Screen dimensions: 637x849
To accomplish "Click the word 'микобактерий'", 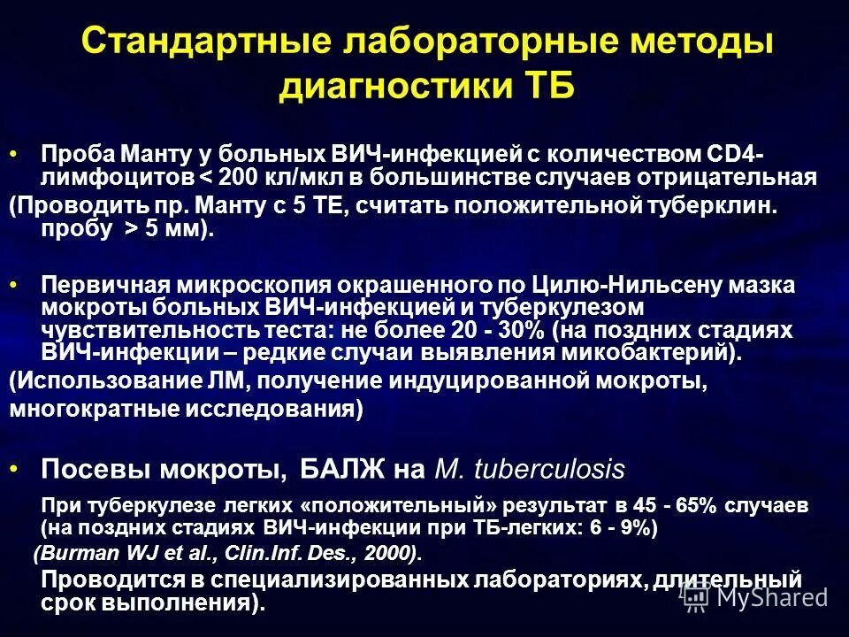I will (646, 351).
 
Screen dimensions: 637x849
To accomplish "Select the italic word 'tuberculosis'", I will (550, 469).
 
